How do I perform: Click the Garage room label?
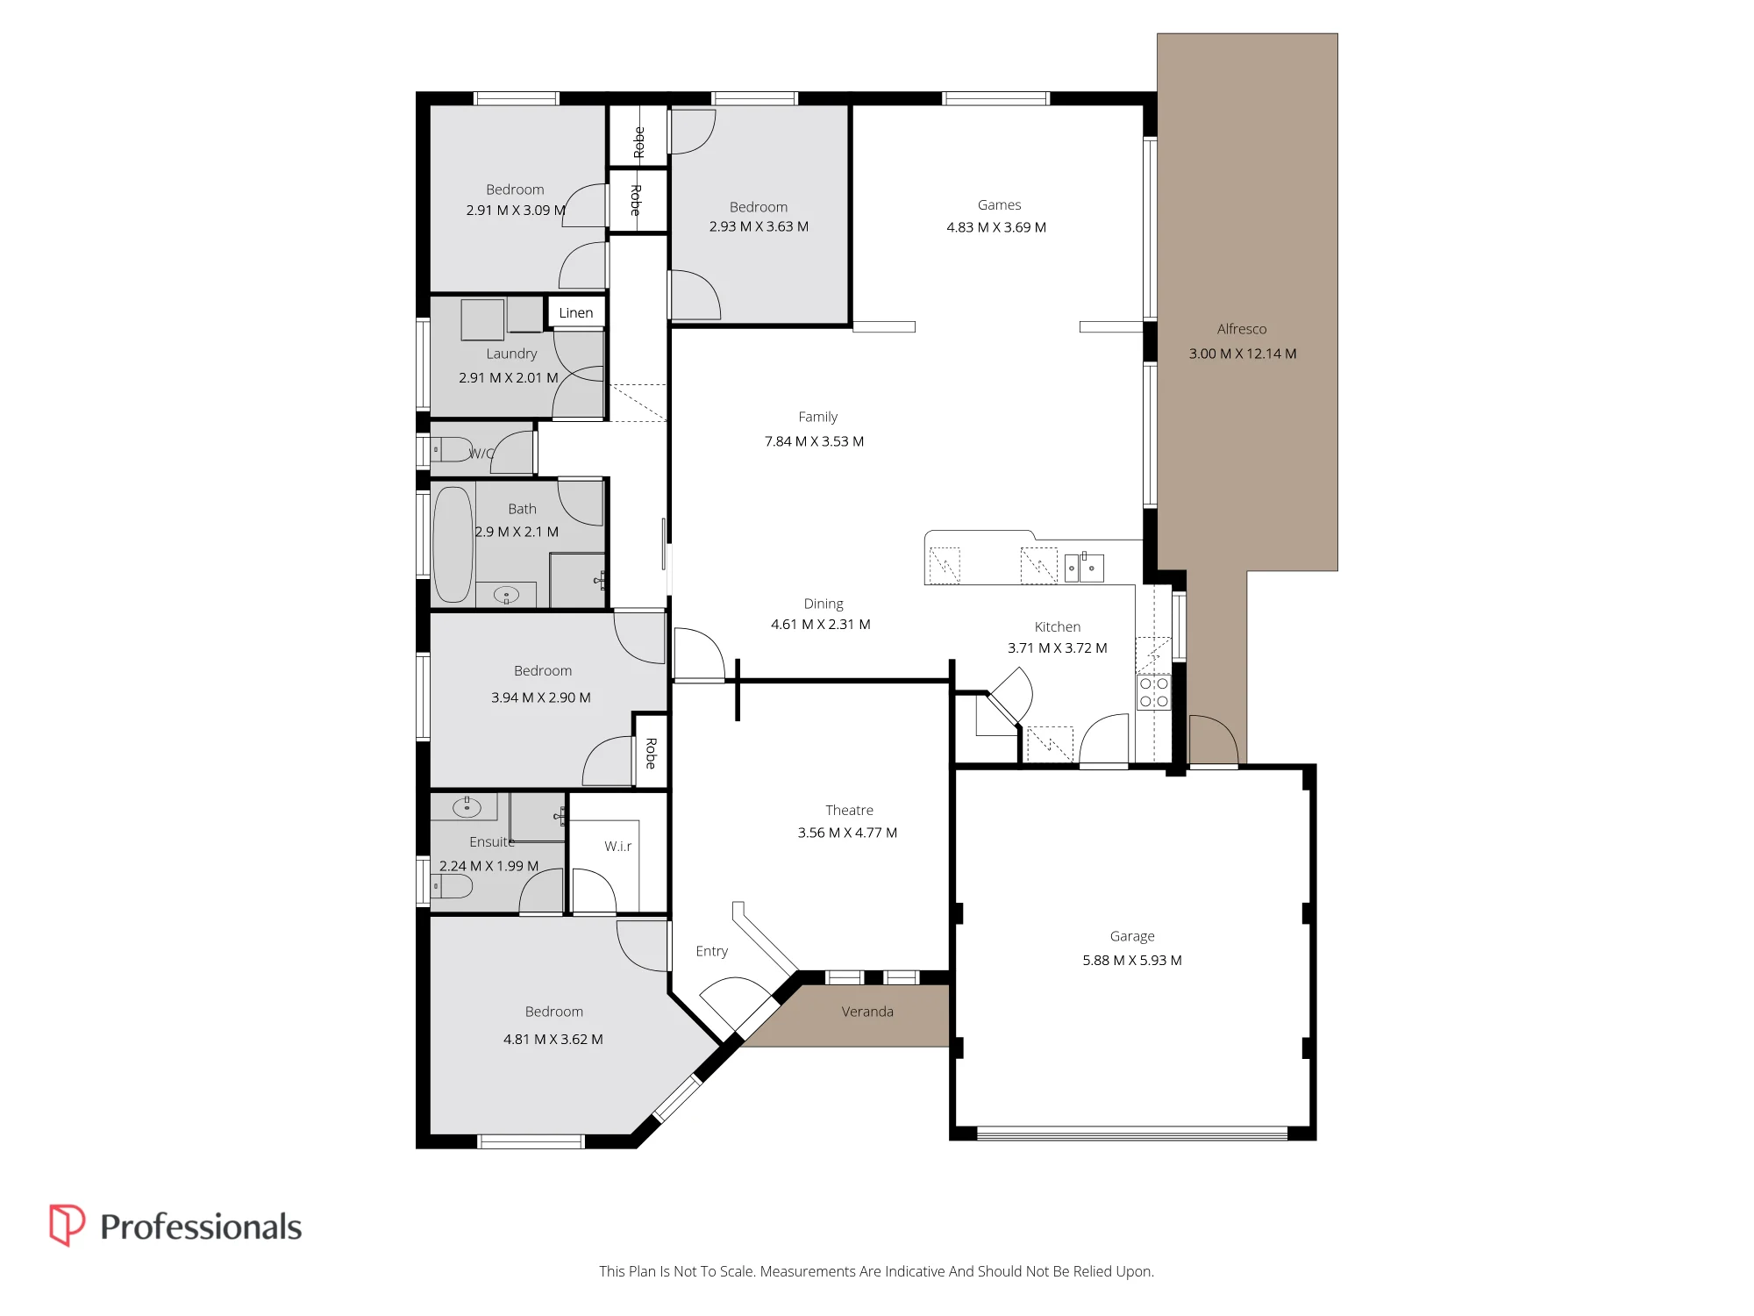(x=1132, y=937)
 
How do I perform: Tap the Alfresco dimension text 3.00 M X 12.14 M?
(x=1243, y=354)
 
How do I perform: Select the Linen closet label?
(x=576, y=313)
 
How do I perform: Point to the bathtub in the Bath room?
(x=453, y=544)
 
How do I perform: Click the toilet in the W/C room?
(x=453, y=449)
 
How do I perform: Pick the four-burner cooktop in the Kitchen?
(x=1153, y=692)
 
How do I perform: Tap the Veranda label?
(x=867, y=1012)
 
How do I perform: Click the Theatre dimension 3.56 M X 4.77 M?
(x=847, y=833)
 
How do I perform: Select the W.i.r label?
(x=618, y=847)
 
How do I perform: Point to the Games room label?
(x=1000, y=205)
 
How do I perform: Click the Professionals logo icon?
(x=67, y=1225)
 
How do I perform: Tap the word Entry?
(x=712, y=952)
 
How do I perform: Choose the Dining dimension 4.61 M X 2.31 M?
(x=821, y=625)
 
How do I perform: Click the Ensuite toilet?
(x=452, y=886)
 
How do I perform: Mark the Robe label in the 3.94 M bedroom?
(x=651, y=753)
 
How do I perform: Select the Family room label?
(x=818, y=417)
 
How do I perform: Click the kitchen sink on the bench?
(x=1084, y=568)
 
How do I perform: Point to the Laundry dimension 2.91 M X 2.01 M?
(x=509, y=378)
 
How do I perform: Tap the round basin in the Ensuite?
(x=467, y=806)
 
